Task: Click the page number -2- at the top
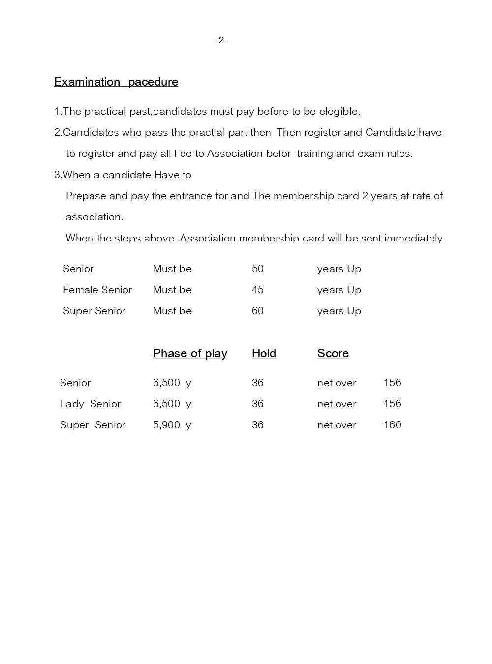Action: (221, 40)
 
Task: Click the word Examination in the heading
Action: (87, 82)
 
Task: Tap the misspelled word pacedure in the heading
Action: (153, 82)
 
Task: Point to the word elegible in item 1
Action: (339, 111)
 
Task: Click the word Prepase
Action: (86, 196)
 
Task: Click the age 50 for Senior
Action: (258, 269)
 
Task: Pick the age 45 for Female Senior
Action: (258, 290)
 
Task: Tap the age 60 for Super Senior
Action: (258, 311)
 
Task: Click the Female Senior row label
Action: (97, 290)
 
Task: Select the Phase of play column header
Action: (190, 353)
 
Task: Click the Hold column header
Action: (264, 353)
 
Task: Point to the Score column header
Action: (333, 353)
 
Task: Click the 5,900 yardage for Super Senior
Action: (167, 425)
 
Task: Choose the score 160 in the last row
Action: (393, 425)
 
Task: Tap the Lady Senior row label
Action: (90, 404)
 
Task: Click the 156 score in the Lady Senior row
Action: (393, 404)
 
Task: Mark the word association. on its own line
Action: (94, 217)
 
